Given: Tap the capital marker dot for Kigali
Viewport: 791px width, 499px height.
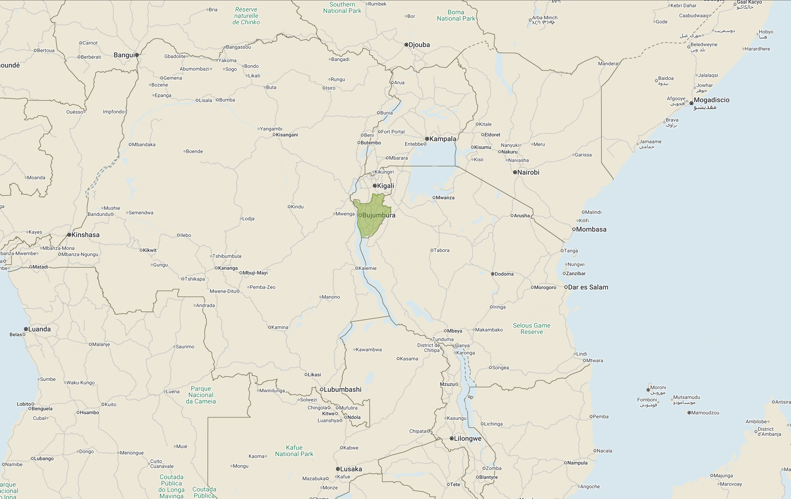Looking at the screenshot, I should tap(375, 186).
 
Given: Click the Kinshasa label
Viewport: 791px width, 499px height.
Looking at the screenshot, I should tap(85, 235).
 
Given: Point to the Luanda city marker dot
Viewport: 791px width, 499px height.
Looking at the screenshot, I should tap(26, 329).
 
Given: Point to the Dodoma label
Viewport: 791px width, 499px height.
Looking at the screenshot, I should tap(504, 274).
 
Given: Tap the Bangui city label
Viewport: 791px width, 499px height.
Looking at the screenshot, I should tap(124, 55).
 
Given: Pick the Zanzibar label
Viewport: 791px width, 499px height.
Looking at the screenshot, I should tap(576, 273).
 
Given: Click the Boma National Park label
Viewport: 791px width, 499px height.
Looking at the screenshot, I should tap(456, 15).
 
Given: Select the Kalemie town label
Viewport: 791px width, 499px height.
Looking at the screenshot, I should tap(367, 268).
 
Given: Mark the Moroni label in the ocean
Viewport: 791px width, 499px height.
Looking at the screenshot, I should tap(658, 387).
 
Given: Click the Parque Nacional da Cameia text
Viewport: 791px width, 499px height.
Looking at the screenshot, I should tap(201, 395).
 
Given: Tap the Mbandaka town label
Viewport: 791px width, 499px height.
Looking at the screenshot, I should tap(143, 145).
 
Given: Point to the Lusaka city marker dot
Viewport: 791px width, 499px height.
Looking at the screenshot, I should tap(338, 469).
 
